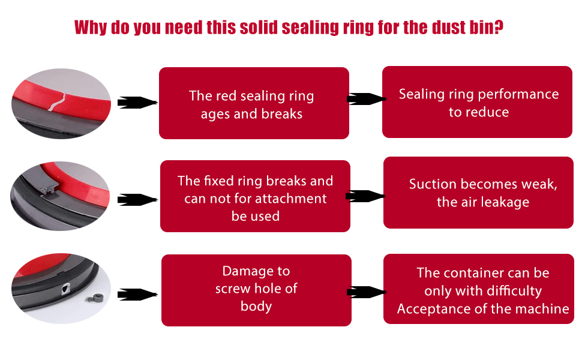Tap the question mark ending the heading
point(498,28)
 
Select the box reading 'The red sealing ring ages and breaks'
point(254,103)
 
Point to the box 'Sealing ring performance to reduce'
point(477,102)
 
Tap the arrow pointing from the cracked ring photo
point(136,103)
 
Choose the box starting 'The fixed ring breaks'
point(255,196)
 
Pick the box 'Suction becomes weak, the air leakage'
point(478,193)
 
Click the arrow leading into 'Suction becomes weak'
point(365,196)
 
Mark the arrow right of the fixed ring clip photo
point(137,199)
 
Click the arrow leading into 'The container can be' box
point(365,292)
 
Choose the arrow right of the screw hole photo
point(137,295)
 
